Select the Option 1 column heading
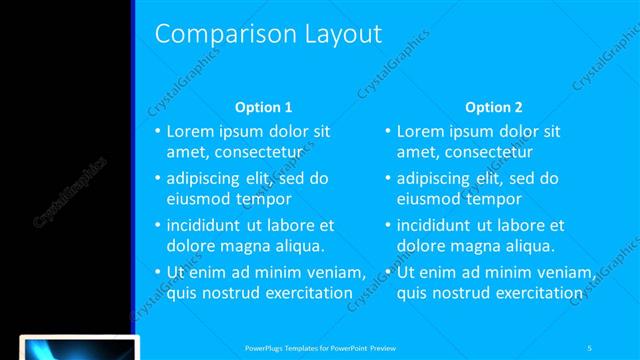[x=263, y=108]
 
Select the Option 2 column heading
[x=494, y=108]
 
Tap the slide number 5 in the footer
[x=590, y=347]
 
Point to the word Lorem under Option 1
[x=189, y=131]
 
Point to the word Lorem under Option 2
[x=420, y=131]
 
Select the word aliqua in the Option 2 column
[x=521, y=245]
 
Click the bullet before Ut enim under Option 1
[x=156, y=272]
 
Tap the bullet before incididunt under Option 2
[x=387, y=225]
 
